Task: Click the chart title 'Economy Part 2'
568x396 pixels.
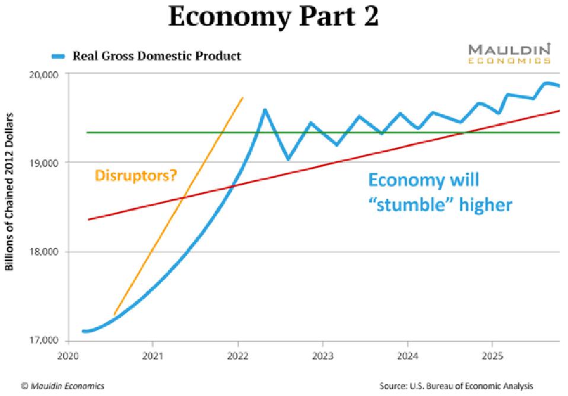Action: coord(273,17)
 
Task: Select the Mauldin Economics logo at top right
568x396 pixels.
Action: coord(509,53)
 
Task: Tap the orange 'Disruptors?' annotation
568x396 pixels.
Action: coord(136,175)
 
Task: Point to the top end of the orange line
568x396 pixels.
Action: coord(242,98)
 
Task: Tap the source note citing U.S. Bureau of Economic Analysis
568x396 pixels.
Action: coord(456,386)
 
